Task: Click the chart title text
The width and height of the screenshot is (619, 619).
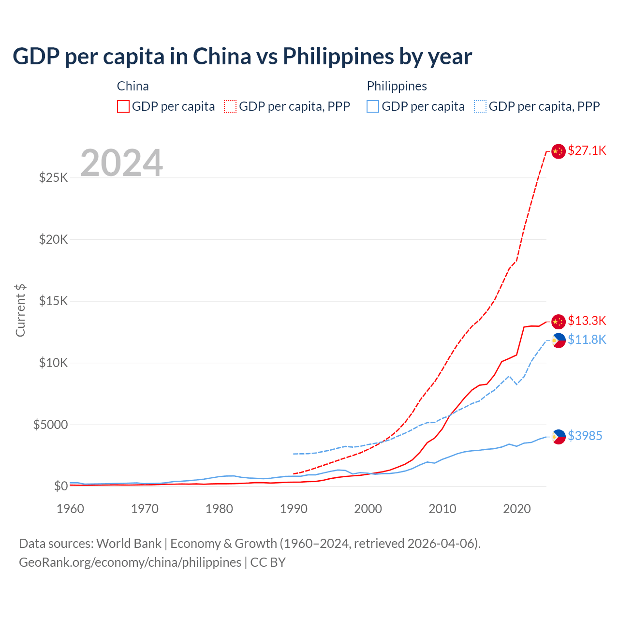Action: tap(242, 57)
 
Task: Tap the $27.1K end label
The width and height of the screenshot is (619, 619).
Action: tap(587, 150)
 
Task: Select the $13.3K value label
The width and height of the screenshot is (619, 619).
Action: tap(587, 321)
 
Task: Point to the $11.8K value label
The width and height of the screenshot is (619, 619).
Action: tap(587, 339)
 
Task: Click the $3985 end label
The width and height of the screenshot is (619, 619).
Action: tap(585, 436)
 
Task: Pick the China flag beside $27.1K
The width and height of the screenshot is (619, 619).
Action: tap(559, 151)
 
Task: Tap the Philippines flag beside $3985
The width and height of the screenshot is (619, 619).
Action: tap(559, 436)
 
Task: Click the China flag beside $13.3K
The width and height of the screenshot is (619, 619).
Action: tap(559, 321)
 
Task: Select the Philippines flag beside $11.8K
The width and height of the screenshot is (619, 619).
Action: tap(559, 340)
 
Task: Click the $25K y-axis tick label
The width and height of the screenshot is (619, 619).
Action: tap(54, 177)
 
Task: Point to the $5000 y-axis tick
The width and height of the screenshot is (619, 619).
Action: tap(51, 425)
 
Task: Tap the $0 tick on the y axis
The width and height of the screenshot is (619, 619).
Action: tap(61, 486)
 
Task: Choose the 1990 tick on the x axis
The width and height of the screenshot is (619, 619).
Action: tap(294, 509)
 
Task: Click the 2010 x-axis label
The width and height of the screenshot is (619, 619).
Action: tap(442, 509)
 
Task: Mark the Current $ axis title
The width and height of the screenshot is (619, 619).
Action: tap(20, 310)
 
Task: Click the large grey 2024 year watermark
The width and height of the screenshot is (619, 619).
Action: tap(121, 163)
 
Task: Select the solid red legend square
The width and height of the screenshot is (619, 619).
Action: tap(123, 106)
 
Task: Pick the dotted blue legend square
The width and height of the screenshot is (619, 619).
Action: tap(480, 106)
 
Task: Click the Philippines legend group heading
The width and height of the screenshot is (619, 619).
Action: tap(397, 86)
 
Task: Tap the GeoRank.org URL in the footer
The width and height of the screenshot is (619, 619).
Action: tap(130, 562)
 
